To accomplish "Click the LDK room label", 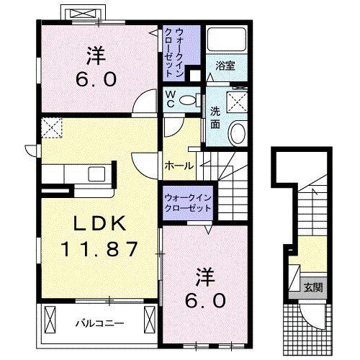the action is tap(100, 223).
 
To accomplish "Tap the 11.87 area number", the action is tap(100, 249).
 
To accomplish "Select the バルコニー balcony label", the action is tap(99, 324).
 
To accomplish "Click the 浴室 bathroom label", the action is tap(225, 66).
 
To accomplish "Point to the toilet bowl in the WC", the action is tap(189, 100).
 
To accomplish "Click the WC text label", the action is tap(171, 99).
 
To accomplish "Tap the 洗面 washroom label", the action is tap(215, 117).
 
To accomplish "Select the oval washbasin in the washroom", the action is tap(238, 133).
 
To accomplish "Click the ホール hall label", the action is tap(179, 166).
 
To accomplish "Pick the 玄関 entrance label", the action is tap(313, 287).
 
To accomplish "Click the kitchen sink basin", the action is tap(96, 174).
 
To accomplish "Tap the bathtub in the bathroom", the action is tap(226, 40).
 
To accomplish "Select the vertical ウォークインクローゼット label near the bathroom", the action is tap(175, 53).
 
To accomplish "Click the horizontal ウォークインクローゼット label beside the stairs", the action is tap(188, 203).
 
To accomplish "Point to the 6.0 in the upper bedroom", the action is tap(96, 80).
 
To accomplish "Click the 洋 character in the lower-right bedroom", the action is tap(204, 276).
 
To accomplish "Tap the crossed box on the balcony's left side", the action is tap(50, 320).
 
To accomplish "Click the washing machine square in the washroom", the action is tap(237, 102).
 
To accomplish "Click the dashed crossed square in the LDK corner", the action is tap(51, 127).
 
